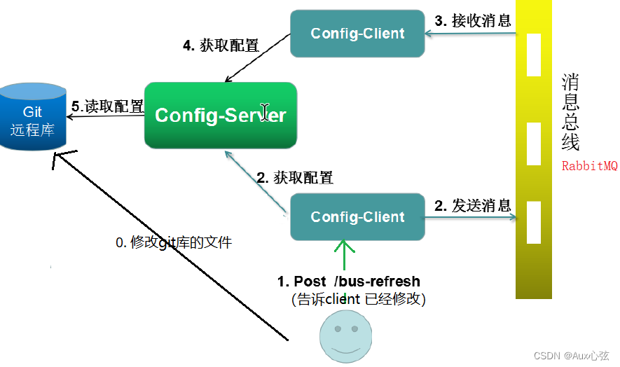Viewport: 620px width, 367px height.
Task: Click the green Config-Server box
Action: point(221,115)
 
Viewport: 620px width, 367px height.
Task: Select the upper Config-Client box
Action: point(357,33)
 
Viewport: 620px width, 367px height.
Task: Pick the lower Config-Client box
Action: point(357,216)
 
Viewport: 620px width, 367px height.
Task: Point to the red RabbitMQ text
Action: point(589,167)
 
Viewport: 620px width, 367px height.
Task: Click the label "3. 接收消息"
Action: point(473,20)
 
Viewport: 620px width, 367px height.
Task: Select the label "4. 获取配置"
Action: point(221,46)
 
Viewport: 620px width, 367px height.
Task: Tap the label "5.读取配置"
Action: point(108,106)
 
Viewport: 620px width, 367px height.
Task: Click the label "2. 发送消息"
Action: point(473,205)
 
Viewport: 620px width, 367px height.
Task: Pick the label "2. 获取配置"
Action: point(294,177)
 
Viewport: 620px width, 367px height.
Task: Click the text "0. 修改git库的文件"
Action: point(173,243)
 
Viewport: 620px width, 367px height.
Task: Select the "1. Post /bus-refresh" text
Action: point(349,282)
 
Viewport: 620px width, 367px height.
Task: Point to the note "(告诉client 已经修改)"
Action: point(359,299)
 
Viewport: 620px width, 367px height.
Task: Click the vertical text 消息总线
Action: point(570,112)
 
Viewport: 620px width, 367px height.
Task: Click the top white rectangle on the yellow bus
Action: point(534,55)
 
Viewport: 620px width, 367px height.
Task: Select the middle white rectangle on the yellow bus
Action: point(534,144)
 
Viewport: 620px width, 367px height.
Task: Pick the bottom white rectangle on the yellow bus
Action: point(534,221)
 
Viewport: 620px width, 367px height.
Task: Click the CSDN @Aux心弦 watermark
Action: point(573,356)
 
